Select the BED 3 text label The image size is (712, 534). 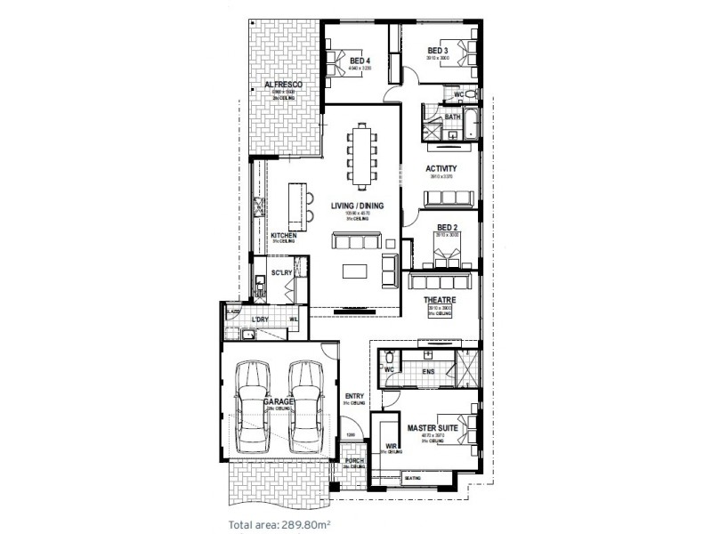click(438, 50)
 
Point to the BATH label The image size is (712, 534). click(452, 117)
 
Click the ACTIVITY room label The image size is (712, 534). click(441, 168)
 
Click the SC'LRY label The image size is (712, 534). click(281, 272)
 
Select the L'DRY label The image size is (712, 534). click(260, 319)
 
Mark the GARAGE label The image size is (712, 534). click(279, 402)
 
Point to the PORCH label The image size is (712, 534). click(355, 461)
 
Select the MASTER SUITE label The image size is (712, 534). click(433, 428)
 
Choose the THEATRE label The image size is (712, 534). click(440, 301)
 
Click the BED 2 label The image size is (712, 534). click(447, 227)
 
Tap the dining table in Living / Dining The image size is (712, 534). click(362, 156)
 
